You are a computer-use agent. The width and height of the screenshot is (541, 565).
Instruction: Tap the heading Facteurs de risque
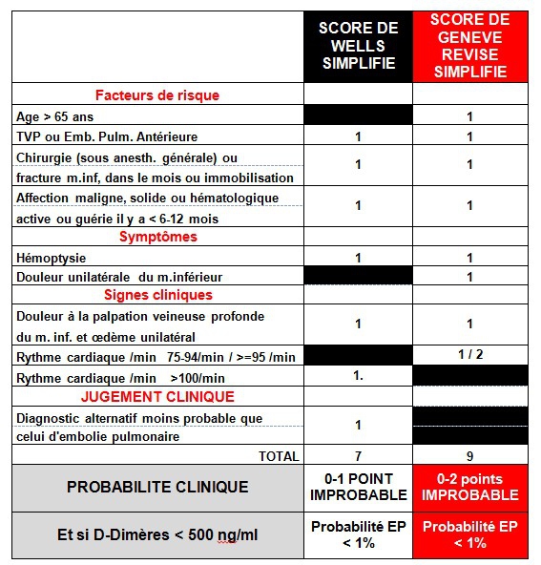pyautogui.click(x=157, y=94)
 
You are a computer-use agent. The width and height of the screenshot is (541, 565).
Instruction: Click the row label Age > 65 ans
pyautogui.click(x=54, y=116)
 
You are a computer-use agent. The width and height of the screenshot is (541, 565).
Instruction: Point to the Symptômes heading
pyautogui.click(x=157, y=237)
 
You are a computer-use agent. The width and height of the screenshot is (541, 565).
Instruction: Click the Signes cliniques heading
pyautogui.click(x=157, y=295)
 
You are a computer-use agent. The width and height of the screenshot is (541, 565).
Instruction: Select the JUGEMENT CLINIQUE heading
pyautogui.click(x=157, y=396)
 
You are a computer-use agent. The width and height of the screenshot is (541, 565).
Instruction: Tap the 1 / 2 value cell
pyautogui.click(x=469, y=355)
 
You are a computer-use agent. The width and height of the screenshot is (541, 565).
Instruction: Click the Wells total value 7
pyautogui.click(x=358, y=456)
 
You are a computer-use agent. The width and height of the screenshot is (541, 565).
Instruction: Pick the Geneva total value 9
pyautogui.click(x=469, y=456)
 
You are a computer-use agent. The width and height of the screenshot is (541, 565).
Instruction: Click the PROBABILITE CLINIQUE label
pyautogui.click(x=157, y=487)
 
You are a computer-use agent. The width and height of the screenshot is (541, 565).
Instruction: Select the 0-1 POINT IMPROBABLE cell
pyautogui.click(x=358, y=487)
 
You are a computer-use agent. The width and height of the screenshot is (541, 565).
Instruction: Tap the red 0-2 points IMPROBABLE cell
pyautogui.click(x=469, y=487)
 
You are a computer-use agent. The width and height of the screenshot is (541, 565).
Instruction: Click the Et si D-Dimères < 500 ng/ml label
pyautogui.click(x=157, y=534)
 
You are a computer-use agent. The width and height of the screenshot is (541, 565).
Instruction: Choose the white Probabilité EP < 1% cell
pyautogui.click(x=358, y=534)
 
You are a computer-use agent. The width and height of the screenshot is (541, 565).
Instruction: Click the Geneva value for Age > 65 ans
pyautogui.click(x=469, y=116)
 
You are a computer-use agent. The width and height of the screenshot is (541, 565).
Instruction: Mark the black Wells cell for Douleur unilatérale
pyautogui.click(x=358, y=276)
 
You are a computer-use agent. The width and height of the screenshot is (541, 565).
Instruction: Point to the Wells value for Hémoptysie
pyautogui.click(x=358, y=258)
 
